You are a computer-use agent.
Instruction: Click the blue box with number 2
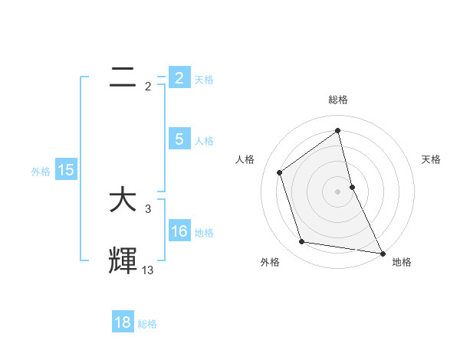(179, 78)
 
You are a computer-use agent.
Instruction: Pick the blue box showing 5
(179, 139)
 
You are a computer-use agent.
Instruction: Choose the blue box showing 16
(179, 231)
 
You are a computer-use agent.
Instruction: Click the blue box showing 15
(66, 170)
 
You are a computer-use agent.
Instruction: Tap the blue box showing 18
(123, 322)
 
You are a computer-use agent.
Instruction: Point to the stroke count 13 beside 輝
(148, 270)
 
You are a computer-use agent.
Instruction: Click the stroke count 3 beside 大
(148, 208)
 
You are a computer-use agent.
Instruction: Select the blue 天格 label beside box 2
(204, 79)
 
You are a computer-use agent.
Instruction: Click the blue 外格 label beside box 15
(41, 171)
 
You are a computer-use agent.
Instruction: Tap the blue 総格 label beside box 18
(147, 323)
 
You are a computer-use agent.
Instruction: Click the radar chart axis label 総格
(338, 100)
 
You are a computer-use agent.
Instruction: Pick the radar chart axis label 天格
(431, 159)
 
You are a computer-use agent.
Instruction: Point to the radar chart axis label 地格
(402, 262)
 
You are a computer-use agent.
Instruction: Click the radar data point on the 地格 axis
(382, 252)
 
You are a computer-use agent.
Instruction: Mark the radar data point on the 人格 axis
(280, 172)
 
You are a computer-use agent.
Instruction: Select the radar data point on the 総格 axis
(338, 130)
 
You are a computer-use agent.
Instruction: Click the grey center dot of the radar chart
(338, 191)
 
